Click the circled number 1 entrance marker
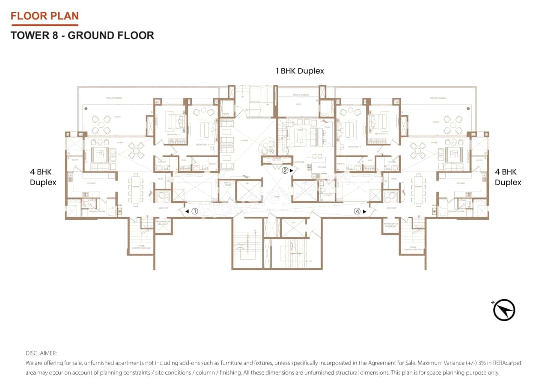[x=194, y=211]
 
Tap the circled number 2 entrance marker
[x=285, y=170]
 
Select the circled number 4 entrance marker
[x=357, y=211]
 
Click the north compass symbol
[x=504, y=310]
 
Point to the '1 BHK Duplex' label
[x=300, y=71]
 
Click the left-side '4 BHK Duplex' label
[x=42, y=177]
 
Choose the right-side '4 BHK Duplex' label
[x=508, y=177]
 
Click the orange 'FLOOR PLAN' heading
[x=45, y=16]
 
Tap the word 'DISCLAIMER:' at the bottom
[x=41, y=353]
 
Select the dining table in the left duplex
[x=136, y=188]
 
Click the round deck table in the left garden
[x=100, y=124]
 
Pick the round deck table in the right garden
[x=453, y=124]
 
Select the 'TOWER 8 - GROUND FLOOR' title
[x=82, y=35]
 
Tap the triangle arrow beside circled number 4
[x=364, y=211]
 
